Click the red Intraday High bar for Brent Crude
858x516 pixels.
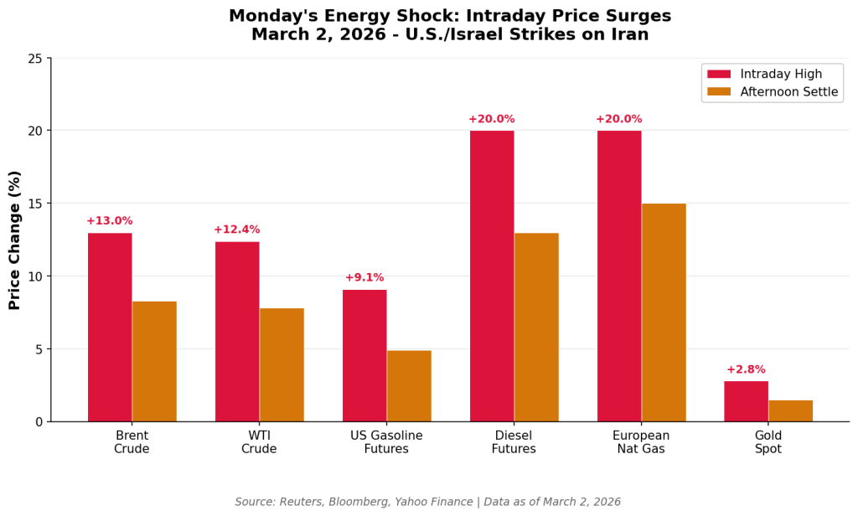point(110,327)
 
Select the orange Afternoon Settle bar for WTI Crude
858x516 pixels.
point(282,364)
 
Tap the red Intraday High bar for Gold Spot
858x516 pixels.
point(746,401)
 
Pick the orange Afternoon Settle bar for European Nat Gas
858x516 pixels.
point(664,312)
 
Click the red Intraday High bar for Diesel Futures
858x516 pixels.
point(492,276)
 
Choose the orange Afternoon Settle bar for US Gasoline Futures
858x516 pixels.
point(409,385)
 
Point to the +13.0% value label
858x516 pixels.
point(110,221)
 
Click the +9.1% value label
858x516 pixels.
point(364,278)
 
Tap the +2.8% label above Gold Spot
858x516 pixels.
point(746,369)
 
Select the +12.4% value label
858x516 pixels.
point(237,230)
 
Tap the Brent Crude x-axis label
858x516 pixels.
point(132,442)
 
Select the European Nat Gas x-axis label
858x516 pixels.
point(641,442)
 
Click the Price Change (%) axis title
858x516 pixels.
point(15,240)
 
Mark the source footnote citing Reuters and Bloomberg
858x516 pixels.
point(428,502)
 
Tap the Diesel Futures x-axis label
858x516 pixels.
point(514,442)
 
